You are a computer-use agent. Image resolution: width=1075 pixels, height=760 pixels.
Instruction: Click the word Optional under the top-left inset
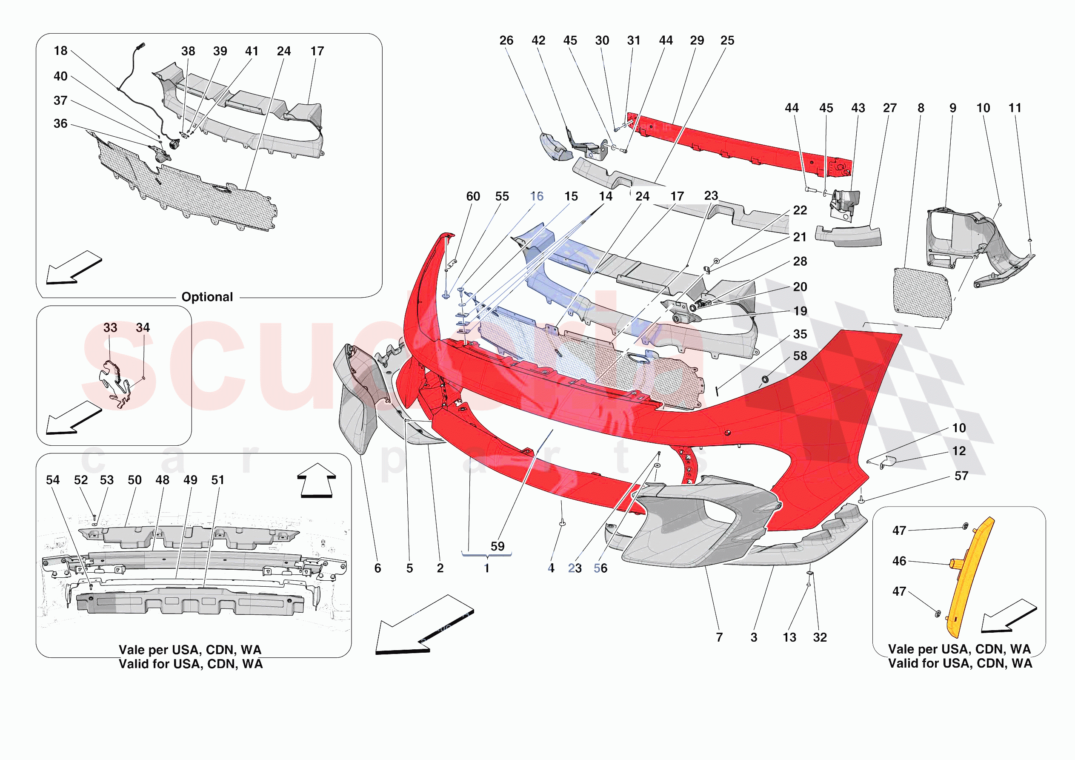207,297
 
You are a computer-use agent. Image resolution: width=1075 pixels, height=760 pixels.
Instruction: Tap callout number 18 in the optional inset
60,51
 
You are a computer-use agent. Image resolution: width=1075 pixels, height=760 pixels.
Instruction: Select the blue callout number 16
537,196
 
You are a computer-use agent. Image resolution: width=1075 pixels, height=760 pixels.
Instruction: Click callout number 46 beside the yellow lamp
899,561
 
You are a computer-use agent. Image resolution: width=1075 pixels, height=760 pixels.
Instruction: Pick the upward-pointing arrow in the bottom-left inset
317,480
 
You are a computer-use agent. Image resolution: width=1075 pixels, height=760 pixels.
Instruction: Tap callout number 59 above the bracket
497,546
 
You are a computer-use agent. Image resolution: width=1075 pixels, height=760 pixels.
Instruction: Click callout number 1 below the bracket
486,568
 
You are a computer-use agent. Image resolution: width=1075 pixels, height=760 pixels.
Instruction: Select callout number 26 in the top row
506,40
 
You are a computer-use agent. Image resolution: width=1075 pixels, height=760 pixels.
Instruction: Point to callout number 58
800,356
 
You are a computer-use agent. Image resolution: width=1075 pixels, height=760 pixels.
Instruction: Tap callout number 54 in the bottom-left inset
52,480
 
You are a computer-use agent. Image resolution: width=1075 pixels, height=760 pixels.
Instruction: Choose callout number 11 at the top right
1015,108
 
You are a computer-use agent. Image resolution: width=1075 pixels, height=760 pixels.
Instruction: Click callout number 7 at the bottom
719,637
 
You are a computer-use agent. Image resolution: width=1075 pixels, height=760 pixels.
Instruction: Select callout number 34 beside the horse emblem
143,327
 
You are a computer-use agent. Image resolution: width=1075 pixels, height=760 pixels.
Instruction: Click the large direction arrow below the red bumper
424,625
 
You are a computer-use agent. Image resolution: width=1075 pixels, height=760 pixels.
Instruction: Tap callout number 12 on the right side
959,451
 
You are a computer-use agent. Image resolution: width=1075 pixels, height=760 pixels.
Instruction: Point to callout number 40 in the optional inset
60,76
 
